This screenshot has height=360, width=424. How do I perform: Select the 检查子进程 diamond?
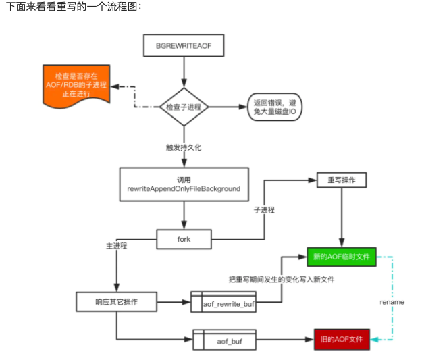(x=183, y=107)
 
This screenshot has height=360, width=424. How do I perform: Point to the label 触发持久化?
(x=184, y=146)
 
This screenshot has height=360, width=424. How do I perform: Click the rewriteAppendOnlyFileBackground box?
(x=183, y=185)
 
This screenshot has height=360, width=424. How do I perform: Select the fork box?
(x=184, y=238)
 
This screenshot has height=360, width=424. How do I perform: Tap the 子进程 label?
(x=264, y=209)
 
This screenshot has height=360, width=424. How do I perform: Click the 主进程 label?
(x=117, y=246)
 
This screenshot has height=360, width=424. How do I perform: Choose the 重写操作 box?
(x=342, y=181)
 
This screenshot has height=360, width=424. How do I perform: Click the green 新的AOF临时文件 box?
(x=341, y=257)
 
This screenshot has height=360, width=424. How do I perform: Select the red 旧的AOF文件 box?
(x=342, y=340)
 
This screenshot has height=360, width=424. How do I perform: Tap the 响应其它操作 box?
(x=117, y=301)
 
